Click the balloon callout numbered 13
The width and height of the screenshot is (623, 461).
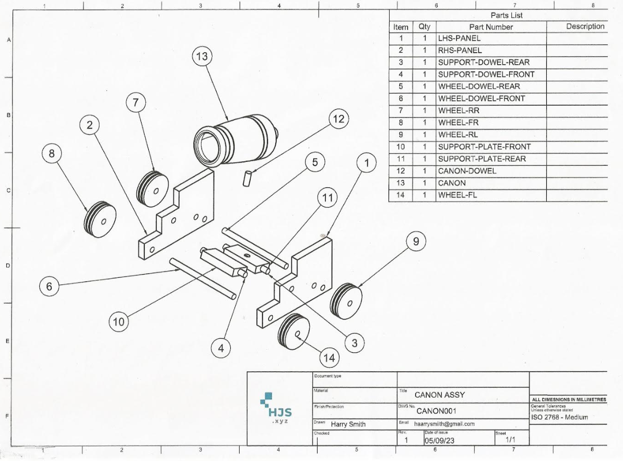(x=202, y=57)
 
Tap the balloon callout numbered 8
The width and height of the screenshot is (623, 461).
(x=52, y=153)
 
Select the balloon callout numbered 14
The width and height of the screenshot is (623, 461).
(x=330, y=358)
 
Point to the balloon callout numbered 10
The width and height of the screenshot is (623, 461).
(x=119, y=322)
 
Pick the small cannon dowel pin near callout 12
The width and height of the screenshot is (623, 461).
(x=248, y=177)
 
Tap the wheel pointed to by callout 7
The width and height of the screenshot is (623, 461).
(x=152, y=188)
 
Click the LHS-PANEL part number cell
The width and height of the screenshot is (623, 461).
(x=459, y=38)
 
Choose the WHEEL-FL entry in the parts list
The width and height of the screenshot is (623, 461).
(x=457, y=195)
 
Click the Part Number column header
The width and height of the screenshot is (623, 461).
(x=491, y=27)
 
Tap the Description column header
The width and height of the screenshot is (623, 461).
(x=585, y=26)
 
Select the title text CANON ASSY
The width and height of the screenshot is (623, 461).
(x=439, y=395)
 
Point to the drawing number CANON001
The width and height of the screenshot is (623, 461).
(x=436, y=411)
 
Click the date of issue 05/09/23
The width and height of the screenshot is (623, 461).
(x=440, y=440)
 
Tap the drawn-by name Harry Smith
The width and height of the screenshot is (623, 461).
(x=348, y=424)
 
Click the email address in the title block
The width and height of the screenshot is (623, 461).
(x=444, y=424)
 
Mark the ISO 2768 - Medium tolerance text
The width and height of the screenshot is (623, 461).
(x=559, y=417)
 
